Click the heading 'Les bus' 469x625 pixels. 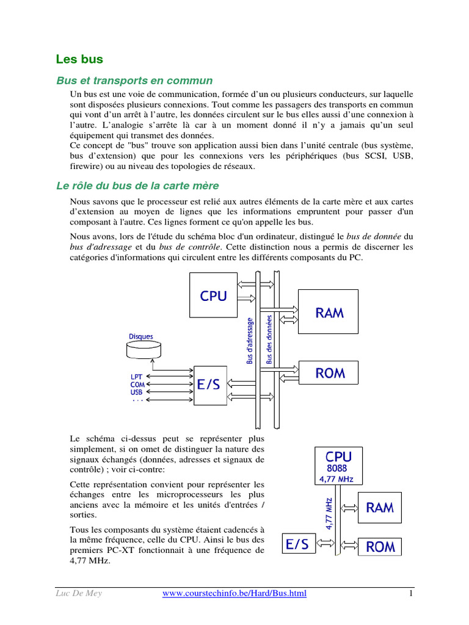tap(79, 59)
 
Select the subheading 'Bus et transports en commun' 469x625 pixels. tap(134, 81)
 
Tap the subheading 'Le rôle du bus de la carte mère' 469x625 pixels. tap(137, 186)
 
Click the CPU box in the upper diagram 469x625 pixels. tap(213, 296)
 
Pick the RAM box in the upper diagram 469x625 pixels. tap(329, 313)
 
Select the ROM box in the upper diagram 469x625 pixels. tap(329, 373)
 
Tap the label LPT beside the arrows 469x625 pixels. tap(137, 377)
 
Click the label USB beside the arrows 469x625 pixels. tap(137, 392)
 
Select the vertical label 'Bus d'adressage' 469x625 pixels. tap(250, 340)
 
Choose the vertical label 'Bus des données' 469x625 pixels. tap(269, 340)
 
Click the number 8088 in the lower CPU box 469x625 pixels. tap(338, 468)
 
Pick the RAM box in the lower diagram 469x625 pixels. tap(379, 507)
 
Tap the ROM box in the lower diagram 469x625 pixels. tap(380, 546)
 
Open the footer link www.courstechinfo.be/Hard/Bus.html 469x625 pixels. tap(234, 593)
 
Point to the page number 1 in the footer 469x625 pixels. tap(412, 593)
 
